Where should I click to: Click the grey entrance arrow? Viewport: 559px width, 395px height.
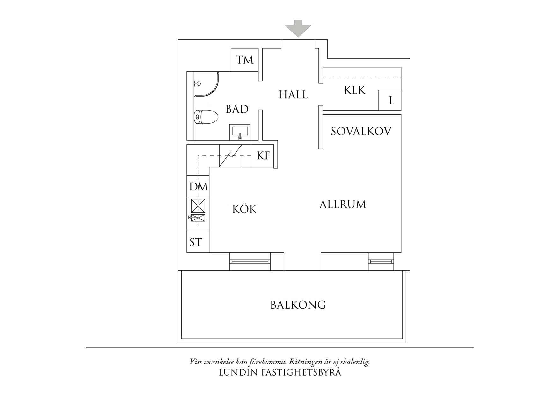pyautogui.click(x=298, y=28)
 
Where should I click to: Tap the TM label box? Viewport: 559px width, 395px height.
pyautogui.click(x=244, y=60)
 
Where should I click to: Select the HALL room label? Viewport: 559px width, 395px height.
pyautogui.click(x=293, y=95)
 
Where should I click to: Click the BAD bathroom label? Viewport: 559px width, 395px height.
pyautogui.click(x=237, y=109)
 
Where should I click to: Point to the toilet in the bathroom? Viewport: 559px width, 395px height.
pyautogui.click(x=206, y=117)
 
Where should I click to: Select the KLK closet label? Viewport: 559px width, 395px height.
pyautogui.click(x=355, y=90)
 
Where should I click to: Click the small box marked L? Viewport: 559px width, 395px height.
pyautogui.click(x=389, y=100)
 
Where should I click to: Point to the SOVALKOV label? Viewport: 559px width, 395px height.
pyautogui.click(x=361, y=131)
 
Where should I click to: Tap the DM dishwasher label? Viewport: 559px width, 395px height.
pyautogui.click(x=198, y=187)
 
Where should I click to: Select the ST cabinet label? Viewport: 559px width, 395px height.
pyautogui.click(x=196, y=242)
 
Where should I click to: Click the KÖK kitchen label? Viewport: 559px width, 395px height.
pyautogui.click(x=244, y=209)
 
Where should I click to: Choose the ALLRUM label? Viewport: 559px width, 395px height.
pyautogui.click(x=343, y=204)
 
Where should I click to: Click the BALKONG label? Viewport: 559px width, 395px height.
pyautogui.click(x=298, y=305)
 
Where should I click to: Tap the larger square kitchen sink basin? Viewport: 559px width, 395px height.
pyautogui.click(x=198, y=206)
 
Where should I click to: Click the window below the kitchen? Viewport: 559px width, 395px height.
pyautogui.click(x=250, y=261)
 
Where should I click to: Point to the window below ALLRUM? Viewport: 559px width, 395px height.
pyautogui.click(x=381, y=261)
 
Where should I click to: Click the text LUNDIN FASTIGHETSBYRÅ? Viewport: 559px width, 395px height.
pyautogui.click(x=280, y=372)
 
